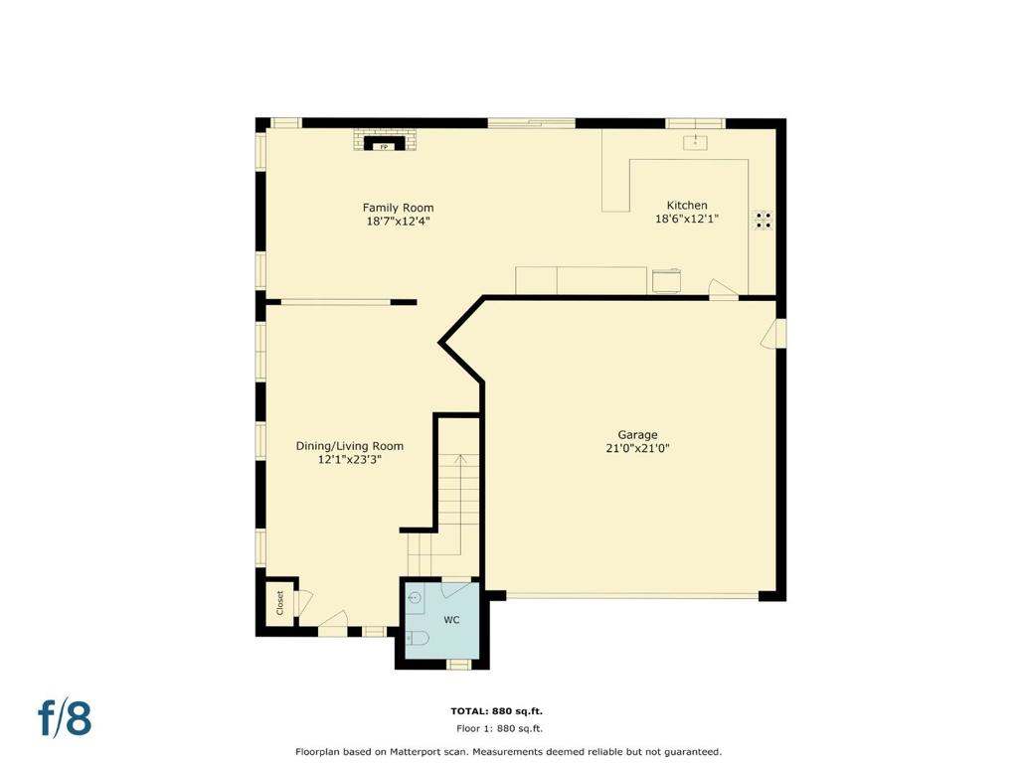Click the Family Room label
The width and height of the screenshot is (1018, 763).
398,208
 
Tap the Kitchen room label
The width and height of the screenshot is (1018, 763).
687,205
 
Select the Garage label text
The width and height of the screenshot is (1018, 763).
637,435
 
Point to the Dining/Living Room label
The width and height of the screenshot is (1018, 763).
350,446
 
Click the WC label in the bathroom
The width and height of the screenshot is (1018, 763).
452,620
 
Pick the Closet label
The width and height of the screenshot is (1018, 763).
279,603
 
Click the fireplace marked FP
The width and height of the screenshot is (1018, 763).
385,143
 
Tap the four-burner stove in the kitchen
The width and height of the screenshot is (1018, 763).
763,220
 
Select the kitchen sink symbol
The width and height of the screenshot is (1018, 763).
695,142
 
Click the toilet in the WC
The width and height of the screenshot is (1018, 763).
417,639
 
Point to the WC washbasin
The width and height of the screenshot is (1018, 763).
415,597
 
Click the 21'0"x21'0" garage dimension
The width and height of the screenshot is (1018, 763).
637,448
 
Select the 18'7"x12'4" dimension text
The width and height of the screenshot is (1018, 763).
398,222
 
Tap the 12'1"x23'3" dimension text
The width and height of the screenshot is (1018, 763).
349,459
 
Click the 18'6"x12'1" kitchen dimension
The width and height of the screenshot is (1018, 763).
687,219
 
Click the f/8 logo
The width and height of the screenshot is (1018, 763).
65,717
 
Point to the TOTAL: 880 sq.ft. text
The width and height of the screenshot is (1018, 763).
497,711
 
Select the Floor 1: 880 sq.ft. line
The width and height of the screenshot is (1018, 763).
499,728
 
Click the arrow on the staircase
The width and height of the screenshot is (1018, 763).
460,504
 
